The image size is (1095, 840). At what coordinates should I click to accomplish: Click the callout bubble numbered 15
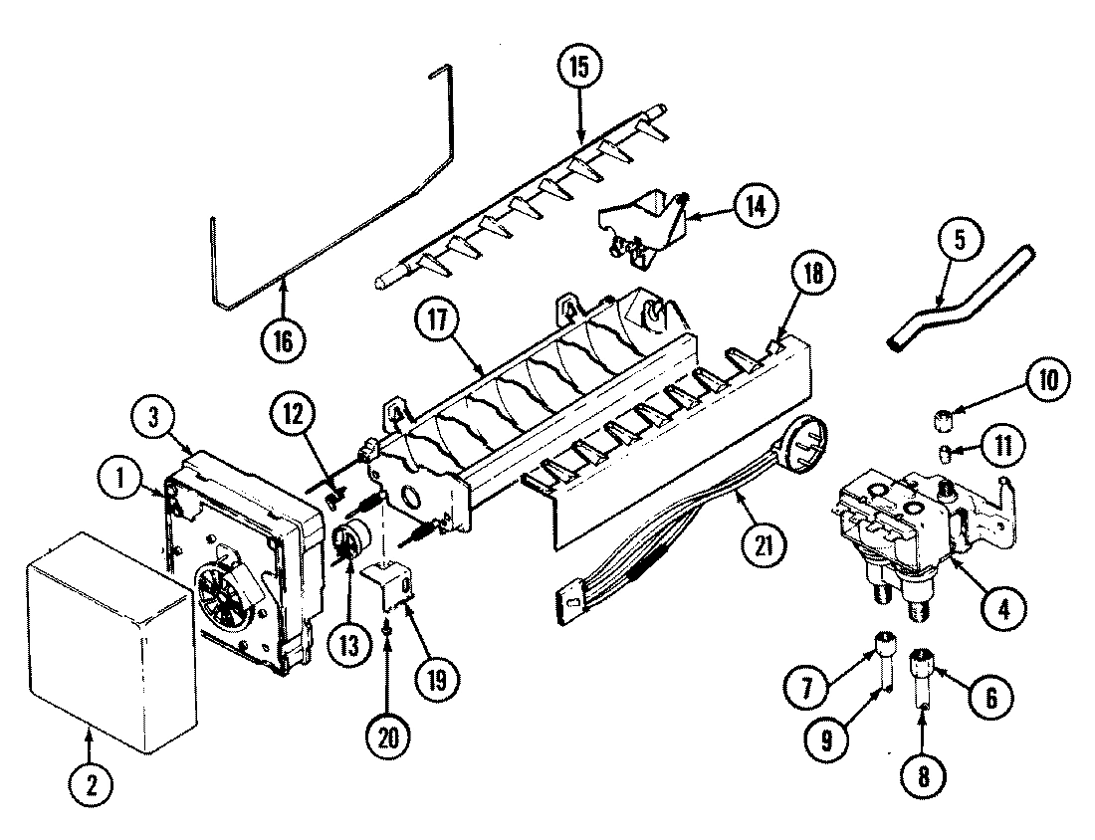578,70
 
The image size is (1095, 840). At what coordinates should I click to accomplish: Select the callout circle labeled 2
91,785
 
